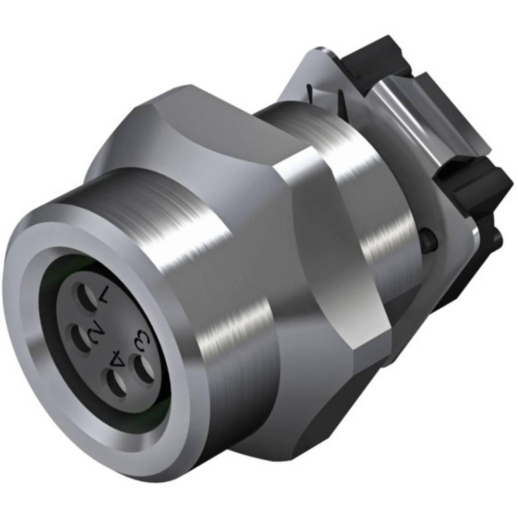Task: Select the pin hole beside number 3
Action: click(143, 369)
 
